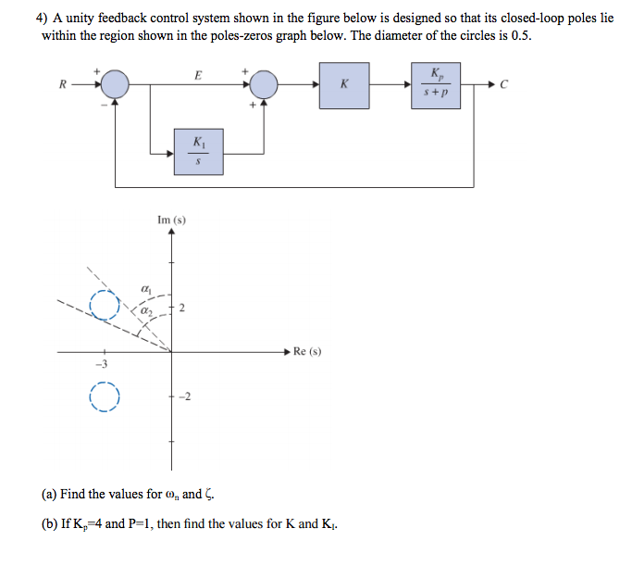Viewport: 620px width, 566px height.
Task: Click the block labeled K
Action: click(344, 85)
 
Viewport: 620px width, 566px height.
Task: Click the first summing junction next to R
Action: click(115, 85)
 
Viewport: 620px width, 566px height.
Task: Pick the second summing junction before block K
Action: click(265, 85)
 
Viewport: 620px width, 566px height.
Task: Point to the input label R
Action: click(62, 86)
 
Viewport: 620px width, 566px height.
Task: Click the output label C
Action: click(503, 86)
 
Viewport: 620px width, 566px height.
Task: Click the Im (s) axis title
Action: click(171, 220)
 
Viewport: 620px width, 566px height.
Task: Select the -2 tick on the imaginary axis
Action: click(182, 397)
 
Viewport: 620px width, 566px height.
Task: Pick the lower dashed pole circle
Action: click(105, 397)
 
